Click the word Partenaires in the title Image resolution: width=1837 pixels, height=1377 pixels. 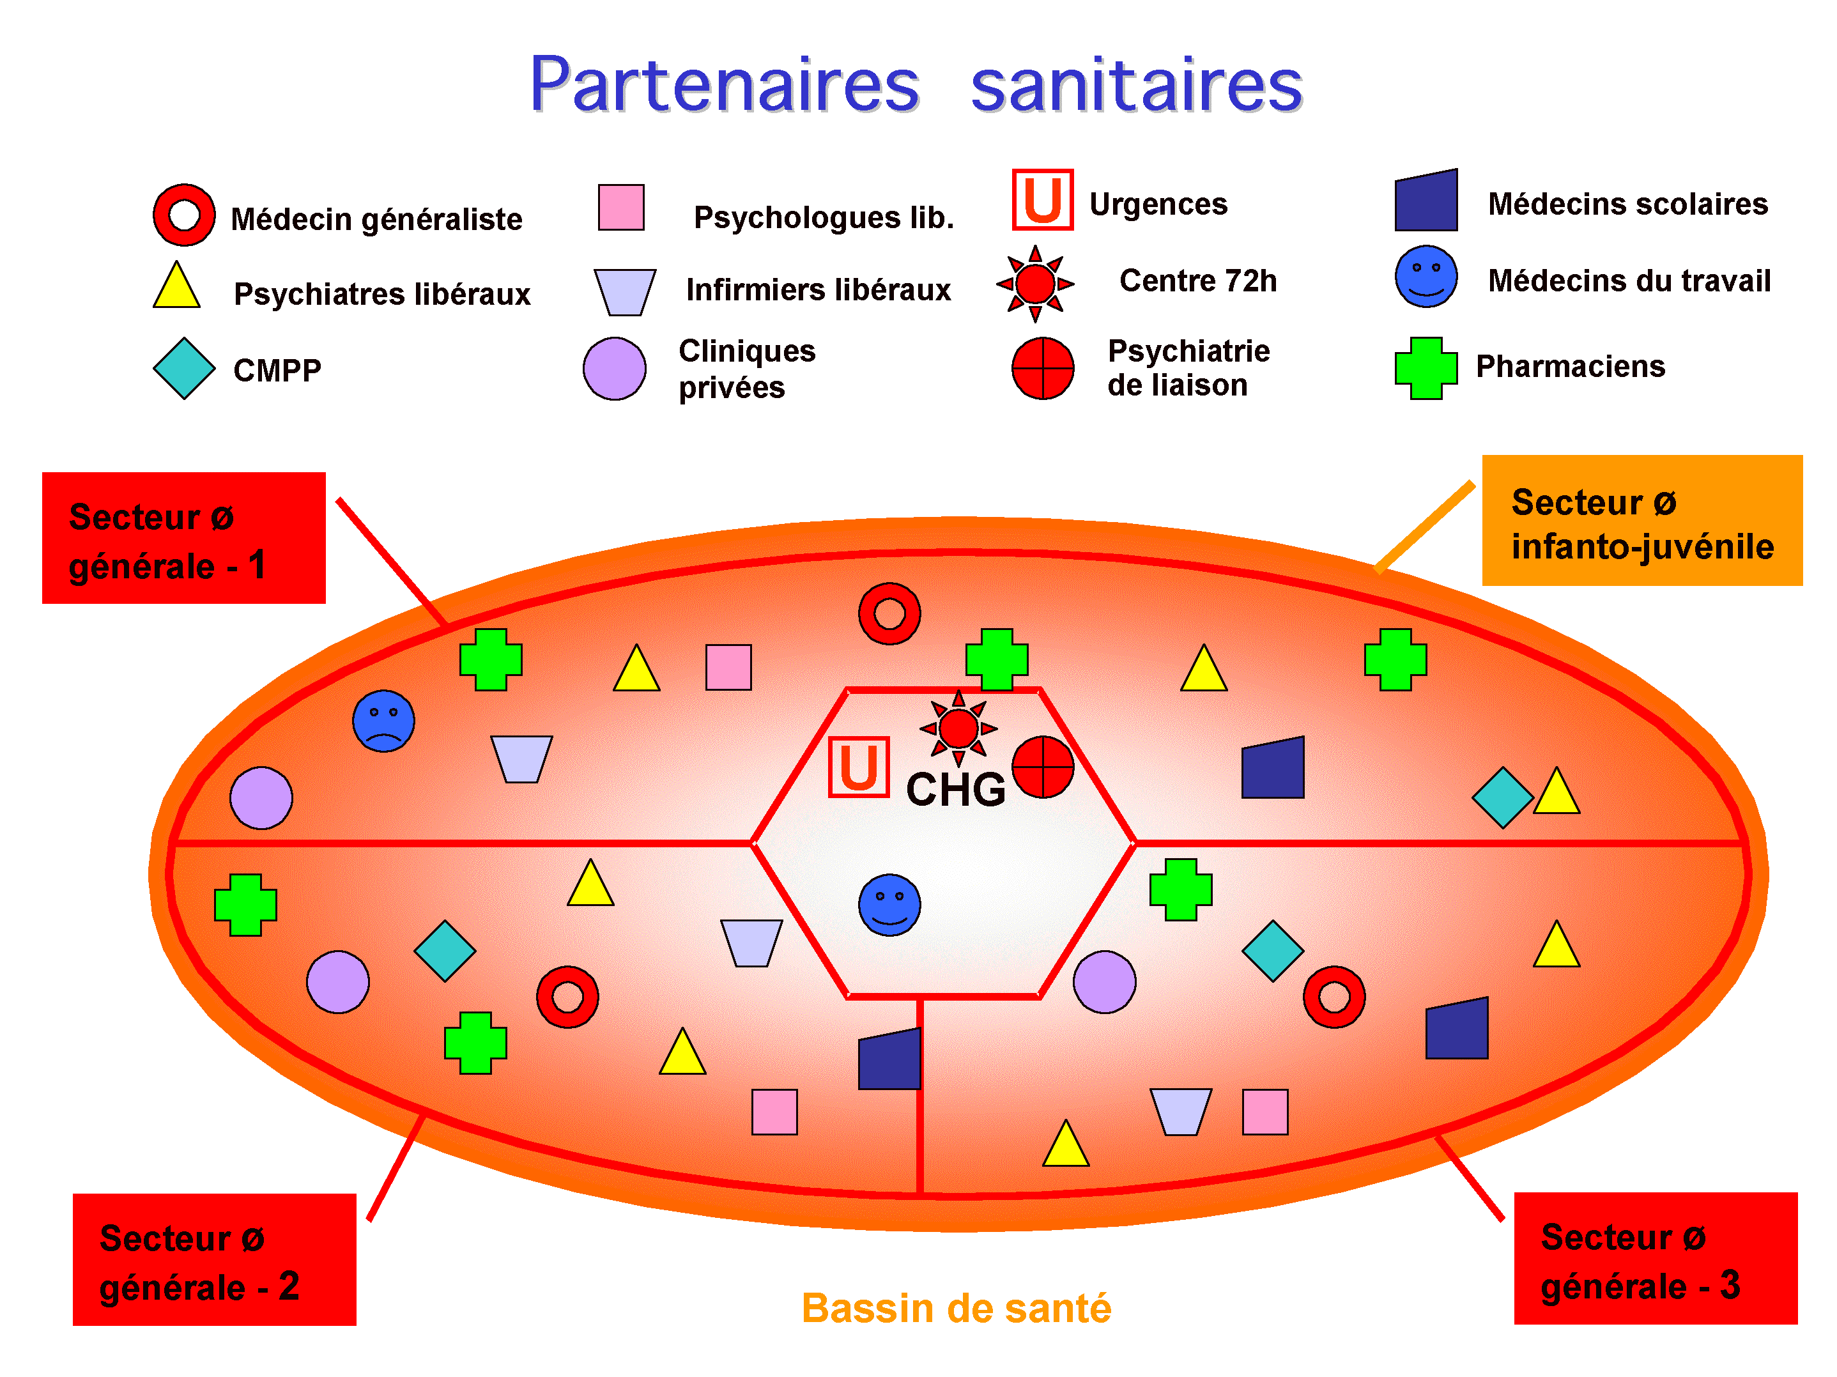(724, 85)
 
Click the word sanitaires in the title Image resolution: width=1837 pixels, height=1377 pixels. (1136, 85)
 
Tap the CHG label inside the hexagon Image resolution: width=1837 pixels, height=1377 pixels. (955, 789)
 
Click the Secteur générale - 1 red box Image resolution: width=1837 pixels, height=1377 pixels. (183, 538)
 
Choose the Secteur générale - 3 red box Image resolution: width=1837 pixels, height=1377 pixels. (1655, 1258)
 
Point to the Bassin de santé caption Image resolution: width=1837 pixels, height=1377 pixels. (956, 1308)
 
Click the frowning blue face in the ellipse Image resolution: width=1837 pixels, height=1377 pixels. (383, 721)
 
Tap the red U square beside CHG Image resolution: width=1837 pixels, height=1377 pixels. (859, 767)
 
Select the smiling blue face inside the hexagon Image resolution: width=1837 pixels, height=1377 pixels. (889, 904)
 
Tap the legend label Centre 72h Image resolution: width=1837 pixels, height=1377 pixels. (1197, 281)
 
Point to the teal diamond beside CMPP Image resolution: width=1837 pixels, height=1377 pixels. (183, 368)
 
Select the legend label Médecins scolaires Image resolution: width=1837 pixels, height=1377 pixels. (1627, 203)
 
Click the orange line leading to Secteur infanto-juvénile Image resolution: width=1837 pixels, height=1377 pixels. (1425, 527)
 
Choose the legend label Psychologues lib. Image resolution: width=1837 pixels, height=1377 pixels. (824, 218)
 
